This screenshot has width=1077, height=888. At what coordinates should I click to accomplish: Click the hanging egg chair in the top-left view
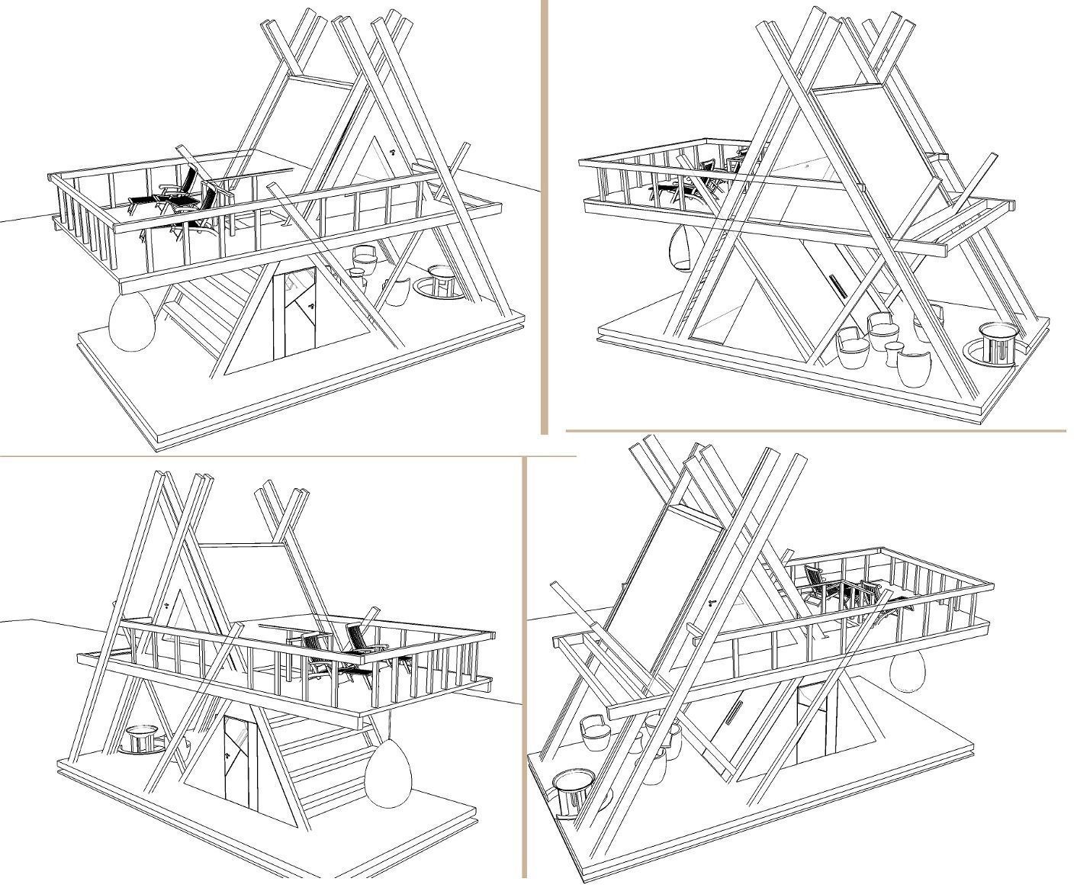click(x=132, y=323)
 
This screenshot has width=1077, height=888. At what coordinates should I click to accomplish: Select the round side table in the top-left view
click(x=441, y=282)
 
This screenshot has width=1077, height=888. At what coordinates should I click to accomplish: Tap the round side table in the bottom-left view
click(x=140, y=740)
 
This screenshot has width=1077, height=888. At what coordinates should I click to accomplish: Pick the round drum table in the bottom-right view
click(x=573, y=790)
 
